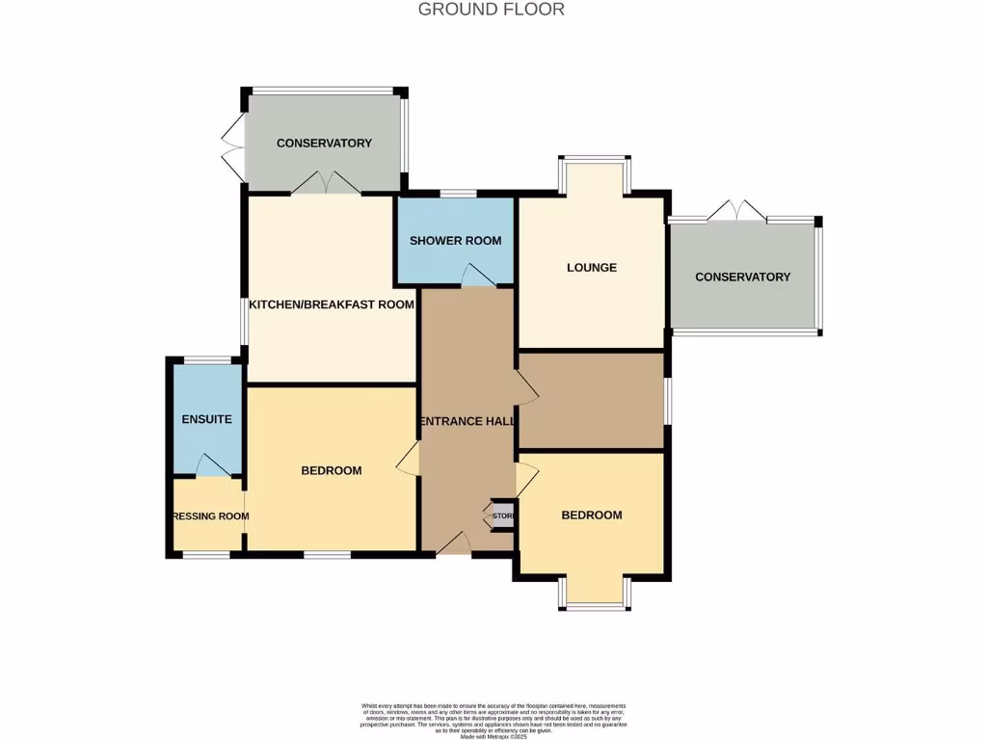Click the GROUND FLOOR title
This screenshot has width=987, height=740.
tap(491, 10)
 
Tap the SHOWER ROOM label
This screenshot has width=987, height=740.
tap(455, 240)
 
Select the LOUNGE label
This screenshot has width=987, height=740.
tap(591, 267)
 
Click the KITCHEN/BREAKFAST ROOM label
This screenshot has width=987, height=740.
tap(332, 304)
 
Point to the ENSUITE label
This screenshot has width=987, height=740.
tap(207, 420)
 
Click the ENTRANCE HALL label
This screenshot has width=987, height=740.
tap(467, 421)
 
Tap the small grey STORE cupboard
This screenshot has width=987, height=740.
tap(503, 516)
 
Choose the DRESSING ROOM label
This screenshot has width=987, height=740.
tap(209, 516)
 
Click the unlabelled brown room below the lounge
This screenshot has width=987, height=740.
tap(591, 400)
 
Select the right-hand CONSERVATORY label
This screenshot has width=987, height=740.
tap(742, 277)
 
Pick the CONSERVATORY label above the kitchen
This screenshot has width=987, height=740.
tap(324, 144)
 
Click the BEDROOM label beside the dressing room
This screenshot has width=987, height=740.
tap(332, 470)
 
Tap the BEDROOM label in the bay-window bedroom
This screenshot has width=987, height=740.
tap(592, 515)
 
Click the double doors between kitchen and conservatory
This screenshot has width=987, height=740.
tap(324, 183)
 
